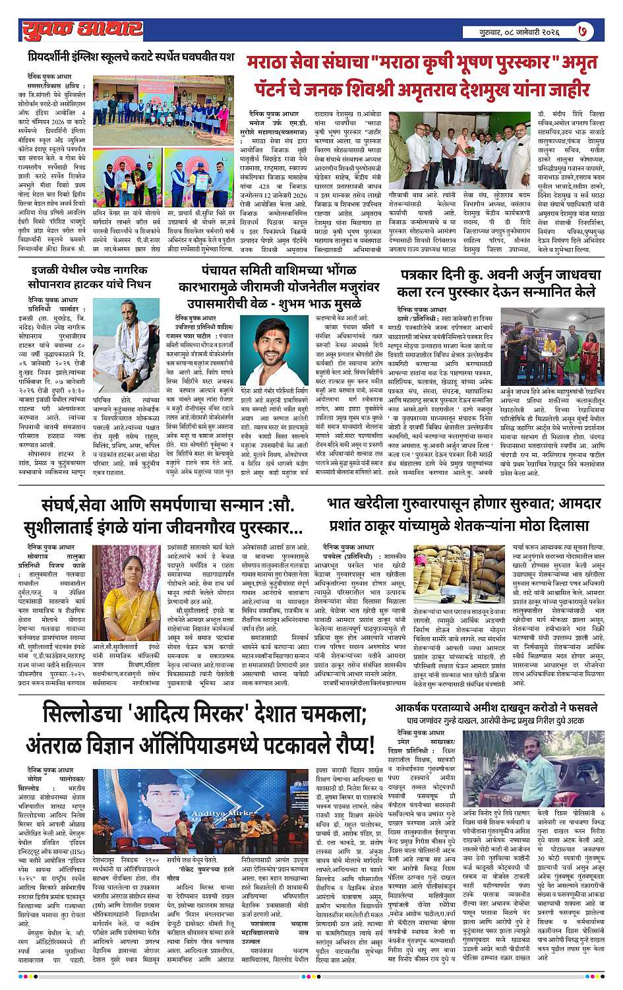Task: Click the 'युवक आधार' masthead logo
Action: [x=81, y=28]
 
